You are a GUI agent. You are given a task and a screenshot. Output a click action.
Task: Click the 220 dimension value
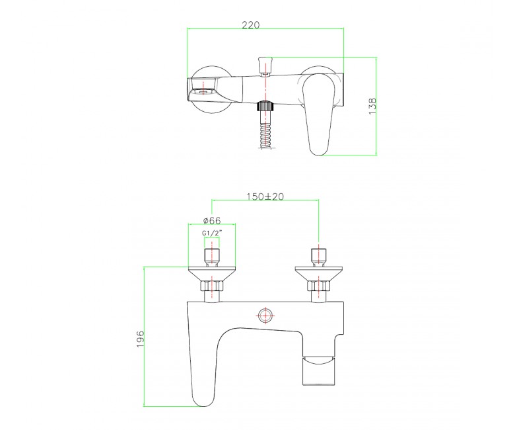pos(250,24)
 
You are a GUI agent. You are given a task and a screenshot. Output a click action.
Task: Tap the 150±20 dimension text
pos(265,196)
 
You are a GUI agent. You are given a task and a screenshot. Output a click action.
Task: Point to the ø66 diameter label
pos(211,220)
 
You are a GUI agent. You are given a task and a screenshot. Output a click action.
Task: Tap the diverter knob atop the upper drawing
pos(265,64)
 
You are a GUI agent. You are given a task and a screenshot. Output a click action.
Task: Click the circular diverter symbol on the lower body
pos(265,315)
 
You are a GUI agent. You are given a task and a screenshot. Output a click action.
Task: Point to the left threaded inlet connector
pos(211,255)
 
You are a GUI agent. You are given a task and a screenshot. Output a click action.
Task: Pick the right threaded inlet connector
pos(319,255)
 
